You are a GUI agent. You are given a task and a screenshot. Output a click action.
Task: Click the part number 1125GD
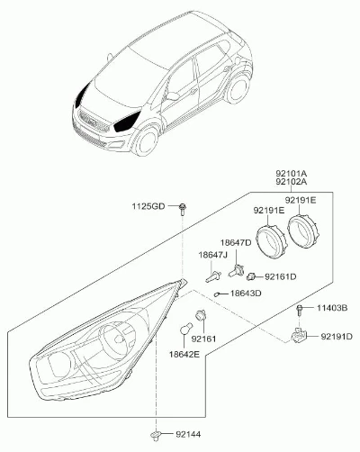click(x=148, y=206)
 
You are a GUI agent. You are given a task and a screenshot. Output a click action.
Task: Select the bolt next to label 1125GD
click(x=182, y=209)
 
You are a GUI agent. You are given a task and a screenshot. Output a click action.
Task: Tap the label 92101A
click(x=292, y=174)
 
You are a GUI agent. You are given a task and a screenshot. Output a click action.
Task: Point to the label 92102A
click(x=292, y=182)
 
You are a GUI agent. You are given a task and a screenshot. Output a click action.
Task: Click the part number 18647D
click(x=236, y=242)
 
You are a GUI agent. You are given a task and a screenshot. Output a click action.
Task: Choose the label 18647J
click(x=212, y=255)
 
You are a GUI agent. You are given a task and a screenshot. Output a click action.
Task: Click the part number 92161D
click(x=281, y=276)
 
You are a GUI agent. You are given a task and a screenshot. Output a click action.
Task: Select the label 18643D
click(x=246, y=293)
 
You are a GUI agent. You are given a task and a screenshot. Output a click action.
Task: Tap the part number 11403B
click(x=332, y=308)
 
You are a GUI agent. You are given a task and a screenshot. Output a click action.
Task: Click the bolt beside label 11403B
click(x=299, y=311)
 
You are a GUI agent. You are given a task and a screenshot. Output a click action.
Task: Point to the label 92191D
click(x=337, y=337)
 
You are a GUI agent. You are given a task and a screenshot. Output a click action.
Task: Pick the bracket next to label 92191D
click(x=299, y=336)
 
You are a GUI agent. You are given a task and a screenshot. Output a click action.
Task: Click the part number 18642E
click(x=184, y=355)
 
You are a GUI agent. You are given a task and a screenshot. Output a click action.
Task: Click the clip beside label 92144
click(x=156, y=436)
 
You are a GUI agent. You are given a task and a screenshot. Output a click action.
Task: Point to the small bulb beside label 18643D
click(x=218, y=294)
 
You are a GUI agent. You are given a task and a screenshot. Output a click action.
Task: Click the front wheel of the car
click(x=146, y=140)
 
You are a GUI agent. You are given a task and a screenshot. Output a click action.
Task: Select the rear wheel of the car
click(x=238, y=89)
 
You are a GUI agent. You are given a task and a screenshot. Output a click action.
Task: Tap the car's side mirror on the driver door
click(x=173, y=96)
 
